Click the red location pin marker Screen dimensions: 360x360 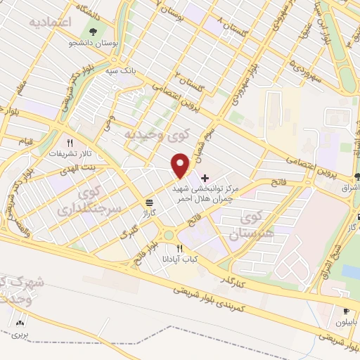(181, 166)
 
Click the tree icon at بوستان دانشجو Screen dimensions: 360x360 (94, 31)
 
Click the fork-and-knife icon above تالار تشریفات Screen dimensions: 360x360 (69, 142)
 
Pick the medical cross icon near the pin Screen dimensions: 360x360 (205, 177)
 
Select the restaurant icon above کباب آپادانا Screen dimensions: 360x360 (179, 248)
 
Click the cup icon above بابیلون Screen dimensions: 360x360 (345, 311)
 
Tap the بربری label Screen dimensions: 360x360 (19, 335)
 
